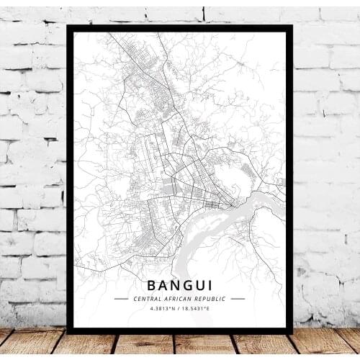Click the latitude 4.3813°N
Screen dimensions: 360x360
163,310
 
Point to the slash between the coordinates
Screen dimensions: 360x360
180,310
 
